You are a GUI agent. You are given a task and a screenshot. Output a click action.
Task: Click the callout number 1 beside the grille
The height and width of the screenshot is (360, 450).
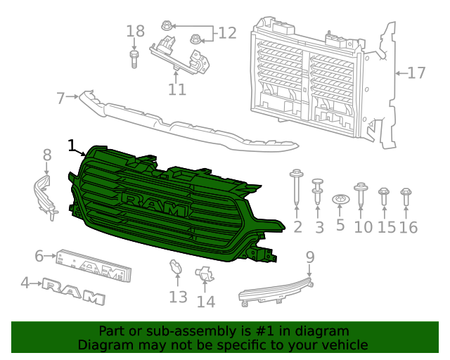pyautogui.click(x=71, y=145)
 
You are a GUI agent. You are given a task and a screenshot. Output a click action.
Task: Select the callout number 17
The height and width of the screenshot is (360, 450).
pyautogui.click(x=417, y=72)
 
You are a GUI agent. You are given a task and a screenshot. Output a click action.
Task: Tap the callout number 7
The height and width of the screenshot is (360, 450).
pyautogui.click(x=60, y=98)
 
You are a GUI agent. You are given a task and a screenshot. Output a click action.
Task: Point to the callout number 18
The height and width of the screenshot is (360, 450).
pyautogui.click(x=135, y=31)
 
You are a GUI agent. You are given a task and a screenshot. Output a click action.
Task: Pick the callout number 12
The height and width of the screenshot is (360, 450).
pyautogui.click(x=226, y=32)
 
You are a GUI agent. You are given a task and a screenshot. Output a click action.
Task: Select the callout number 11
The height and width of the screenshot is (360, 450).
pyautogui.click(x=176, y=89)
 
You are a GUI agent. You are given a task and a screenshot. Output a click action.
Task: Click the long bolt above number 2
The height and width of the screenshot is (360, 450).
pyautogui.click(x=296, y=186)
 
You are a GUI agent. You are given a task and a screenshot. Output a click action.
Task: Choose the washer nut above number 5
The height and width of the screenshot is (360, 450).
pyautogui.click(x=341, y=200)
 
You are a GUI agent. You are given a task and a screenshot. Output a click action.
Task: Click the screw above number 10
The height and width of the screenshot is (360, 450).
pyautogui.click(x=362, y=194)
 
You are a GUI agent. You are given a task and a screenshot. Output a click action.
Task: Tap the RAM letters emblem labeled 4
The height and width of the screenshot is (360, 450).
pyautogui.click(x=73, y=290)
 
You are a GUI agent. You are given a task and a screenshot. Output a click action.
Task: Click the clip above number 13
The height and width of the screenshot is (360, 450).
pyautogui.click(x=176, y=269)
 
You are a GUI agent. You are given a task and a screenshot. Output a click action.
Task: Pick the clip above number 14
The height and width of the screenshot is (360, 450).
pyautogui.click(x=204, y=276)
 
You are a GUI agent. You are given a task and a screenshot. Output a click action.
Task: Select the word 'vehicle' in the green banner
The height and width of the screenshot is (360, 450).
pyautogui.click(x=341, y=345)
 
